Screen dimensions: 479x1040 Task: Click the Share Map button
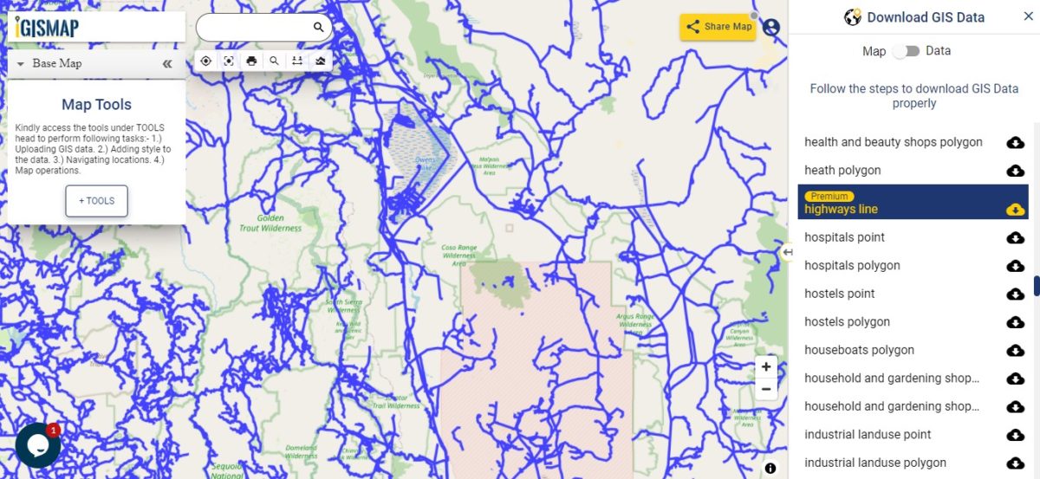(718, 27)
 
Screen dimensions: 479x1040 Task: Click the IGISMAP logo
(48, 28)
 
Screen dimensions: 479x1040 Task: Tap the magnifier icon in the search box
(318, 28)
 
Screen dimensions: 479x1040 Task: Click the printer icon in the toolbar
(251, 61)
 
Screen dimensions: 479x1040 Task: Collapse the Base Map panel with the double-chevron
(167, 64)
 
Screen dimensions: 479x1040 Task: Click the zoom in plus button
(766, 367)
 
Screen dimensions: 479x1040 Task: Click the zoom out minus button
(766, 389)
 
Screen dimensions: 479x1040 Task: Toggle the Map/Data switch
(906, 51)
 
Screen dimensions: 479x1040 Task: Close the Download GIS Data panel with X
(1028, 16)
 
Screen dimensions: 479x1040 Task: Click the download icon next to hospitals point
(1015, 237)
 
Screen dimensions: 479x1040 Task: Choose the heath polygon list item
(842, 171)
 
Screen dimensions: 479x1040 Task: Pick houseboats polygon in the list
(859, 350)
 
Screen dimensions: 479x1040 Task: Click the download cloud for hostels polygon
(1015, 322)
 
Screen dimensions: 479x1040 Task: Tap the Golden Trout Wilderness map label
(270, 223)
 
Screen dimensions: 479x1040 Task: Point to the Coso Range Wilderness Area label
(458, 255)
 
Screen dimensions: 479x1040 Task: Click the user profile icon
(771, 27)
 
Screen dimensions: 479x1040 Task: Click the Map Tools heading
(96, 105)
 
